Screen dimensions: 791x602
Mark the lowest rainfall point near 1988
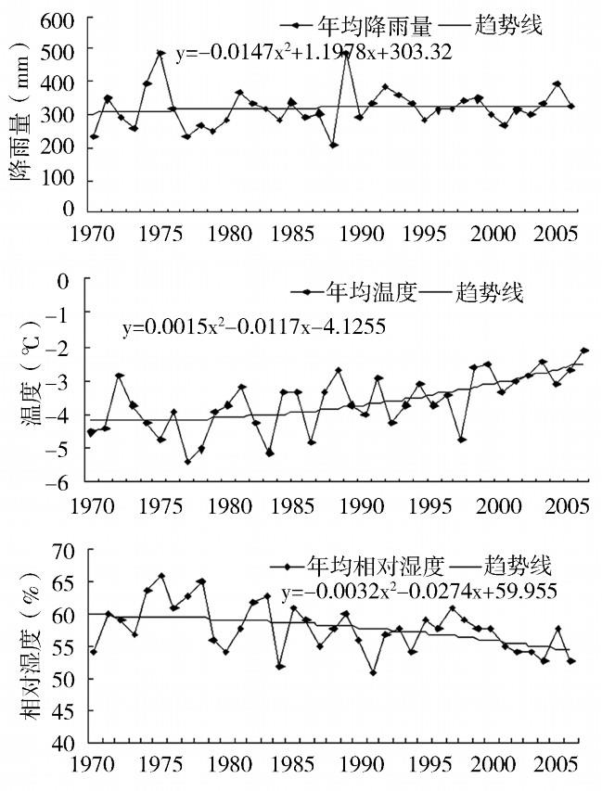point(333,145)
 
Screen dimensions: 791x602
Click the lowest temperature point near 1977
point(187,461)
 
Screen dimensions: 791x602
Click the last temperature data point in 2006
point(584,351)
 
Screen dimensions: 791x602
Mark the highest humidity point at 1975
point(160,576)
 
